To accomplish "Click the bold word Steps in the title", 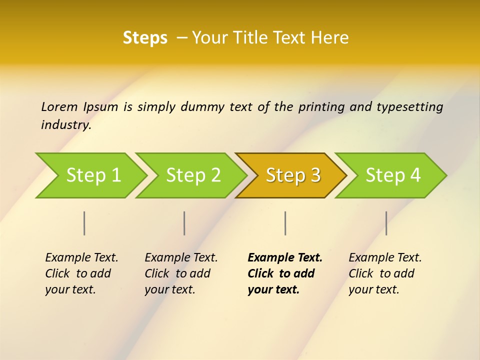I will (x=145, y=38).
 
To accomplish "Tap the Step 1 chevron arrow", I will (x=93, y=175).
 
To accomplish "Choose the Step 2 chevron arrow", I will (x=193, y=175).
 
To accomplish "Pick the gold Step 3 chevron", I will (x=293, y=175).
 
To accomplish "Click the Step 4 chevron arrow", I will (x=393, y=175).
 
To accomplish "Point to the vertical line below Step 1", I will (x=84, y=223).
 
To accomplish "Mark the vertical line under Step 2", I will (x=184, y=223).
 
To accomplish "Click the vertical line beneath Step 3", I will (x=285, y=223).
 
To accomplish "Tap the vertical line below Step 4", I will (x=386, y=223).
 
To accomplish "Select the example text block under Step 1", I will (x=81, y=273).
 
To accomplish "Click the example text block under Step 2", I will (x=180, y=273).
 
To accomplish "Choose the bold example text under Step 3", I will (x=284, y=273).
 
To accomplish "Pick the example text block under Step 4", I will (x=384, y=273).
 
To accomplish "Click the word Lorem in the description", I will (x=59, y=106).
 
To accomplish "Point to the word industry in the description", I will (x=65, y=125).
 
